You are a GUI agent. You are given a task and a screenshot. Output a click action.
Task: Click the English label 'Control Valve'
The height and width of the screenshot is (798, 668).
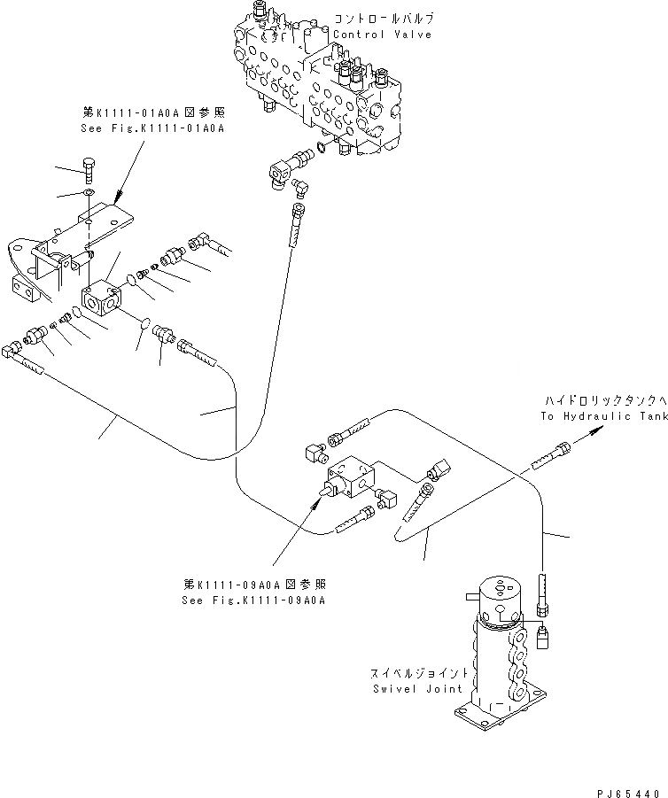(x=383, y=35)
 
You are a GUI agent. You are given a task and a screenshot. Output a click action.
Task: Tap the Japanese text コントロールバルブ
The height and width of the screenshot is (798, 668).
(x=384, y=19)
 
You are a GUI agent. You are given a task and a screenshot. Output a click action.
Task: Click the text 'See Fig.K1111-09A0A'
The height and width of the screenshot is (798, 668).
(x=253, y=600)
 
